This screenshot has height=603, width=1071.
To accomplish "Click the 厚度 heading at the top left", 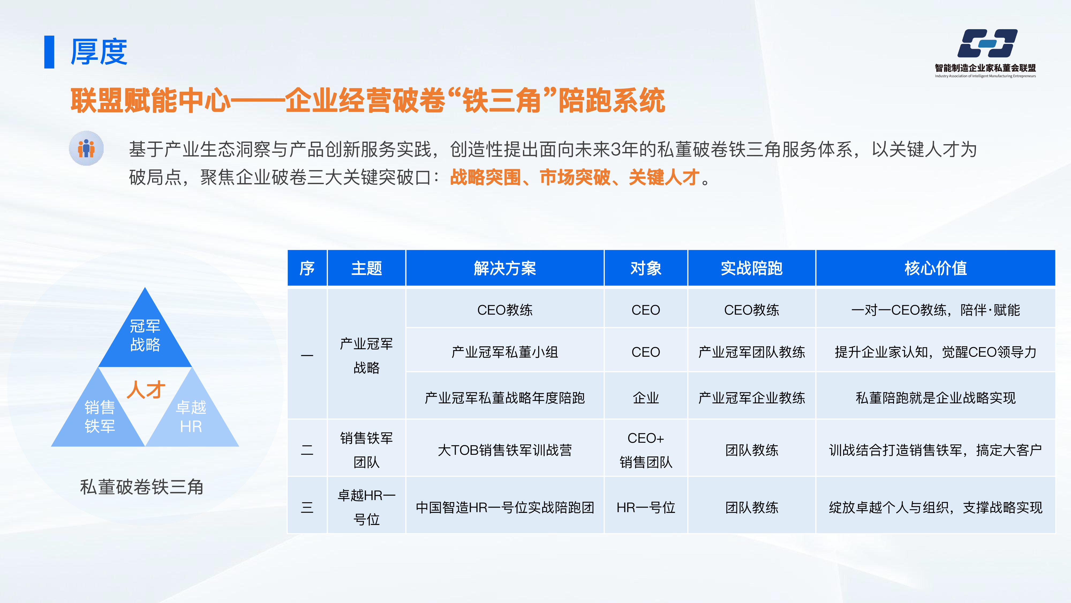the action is [99, 52].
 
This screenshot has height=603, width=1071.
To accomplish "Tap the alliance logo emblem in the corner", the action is [987, 43].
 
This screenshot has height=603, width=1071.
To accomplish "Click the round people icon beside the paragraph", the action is [86, 148].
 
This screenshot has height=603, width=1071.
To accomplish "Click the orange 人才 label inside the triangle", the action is [146, 390].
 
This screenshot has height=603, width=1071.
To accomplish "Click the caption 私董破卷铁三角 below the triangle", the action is [142, 487].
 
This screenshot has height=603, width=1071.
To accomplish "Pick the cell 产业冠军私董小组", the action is [505, 352].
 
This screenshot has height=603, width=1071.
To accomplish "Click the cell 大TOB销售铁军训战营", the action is [505, 450].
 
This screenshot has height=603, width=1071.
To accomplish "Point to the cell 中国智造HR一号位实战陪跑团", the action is [505, 507].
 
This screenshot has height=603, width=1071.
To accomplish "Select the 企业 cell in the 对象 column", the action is [646, 398].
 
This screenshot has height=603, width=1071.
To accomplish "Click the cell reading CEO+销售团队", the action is [646, 450].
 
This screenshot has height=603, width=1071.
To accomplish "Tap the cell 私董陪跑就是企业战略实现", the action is [936, 398].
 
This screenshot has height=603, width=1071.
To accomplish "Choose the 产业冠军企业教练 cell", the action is [752, 398].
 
